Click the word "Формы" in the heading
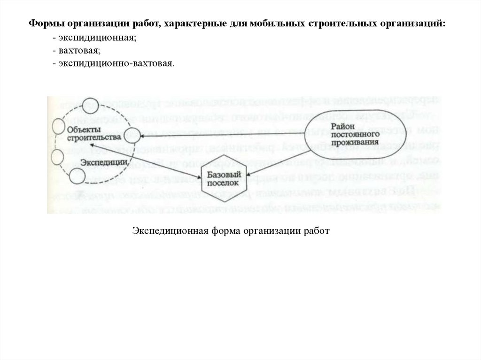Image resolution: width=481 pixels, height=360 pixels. pos(45,23)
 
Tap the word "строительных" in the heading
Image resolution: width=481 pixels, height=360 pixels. pos(340,23)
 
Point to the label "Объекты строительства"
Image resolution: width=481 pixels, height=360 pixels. pos(91,133)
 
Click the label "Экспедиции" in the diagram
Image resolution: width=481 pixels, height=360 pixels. pos(104,162)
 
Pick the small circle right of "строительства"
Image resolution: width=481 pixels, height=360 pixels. pos(132,135)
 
